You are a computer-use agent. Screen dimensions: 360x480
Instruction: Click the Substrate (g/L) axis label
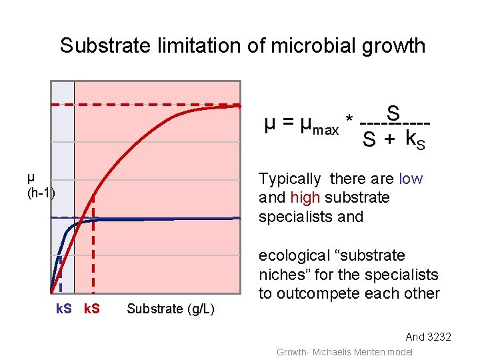tap(170, 309)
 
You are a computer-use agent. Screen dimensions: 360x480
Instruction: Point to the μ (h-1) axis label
tap(41, 185)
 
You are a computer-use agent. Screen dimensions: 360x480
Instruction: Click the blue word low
tap(411, 179)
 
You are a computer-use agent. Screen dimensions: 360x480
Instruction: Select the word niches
tap(279, 275)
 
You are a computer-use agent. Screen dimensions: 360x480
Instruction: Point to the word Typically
tap(289, 179)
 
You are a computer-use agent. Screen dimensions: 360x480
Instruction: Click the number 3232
tap(438, 337)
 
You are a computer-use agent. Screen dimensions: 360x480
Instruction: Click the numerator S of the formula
tap(393, 113)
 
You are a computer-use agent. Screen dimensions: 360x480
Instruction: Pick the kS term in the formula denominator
tap(415, 141)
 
